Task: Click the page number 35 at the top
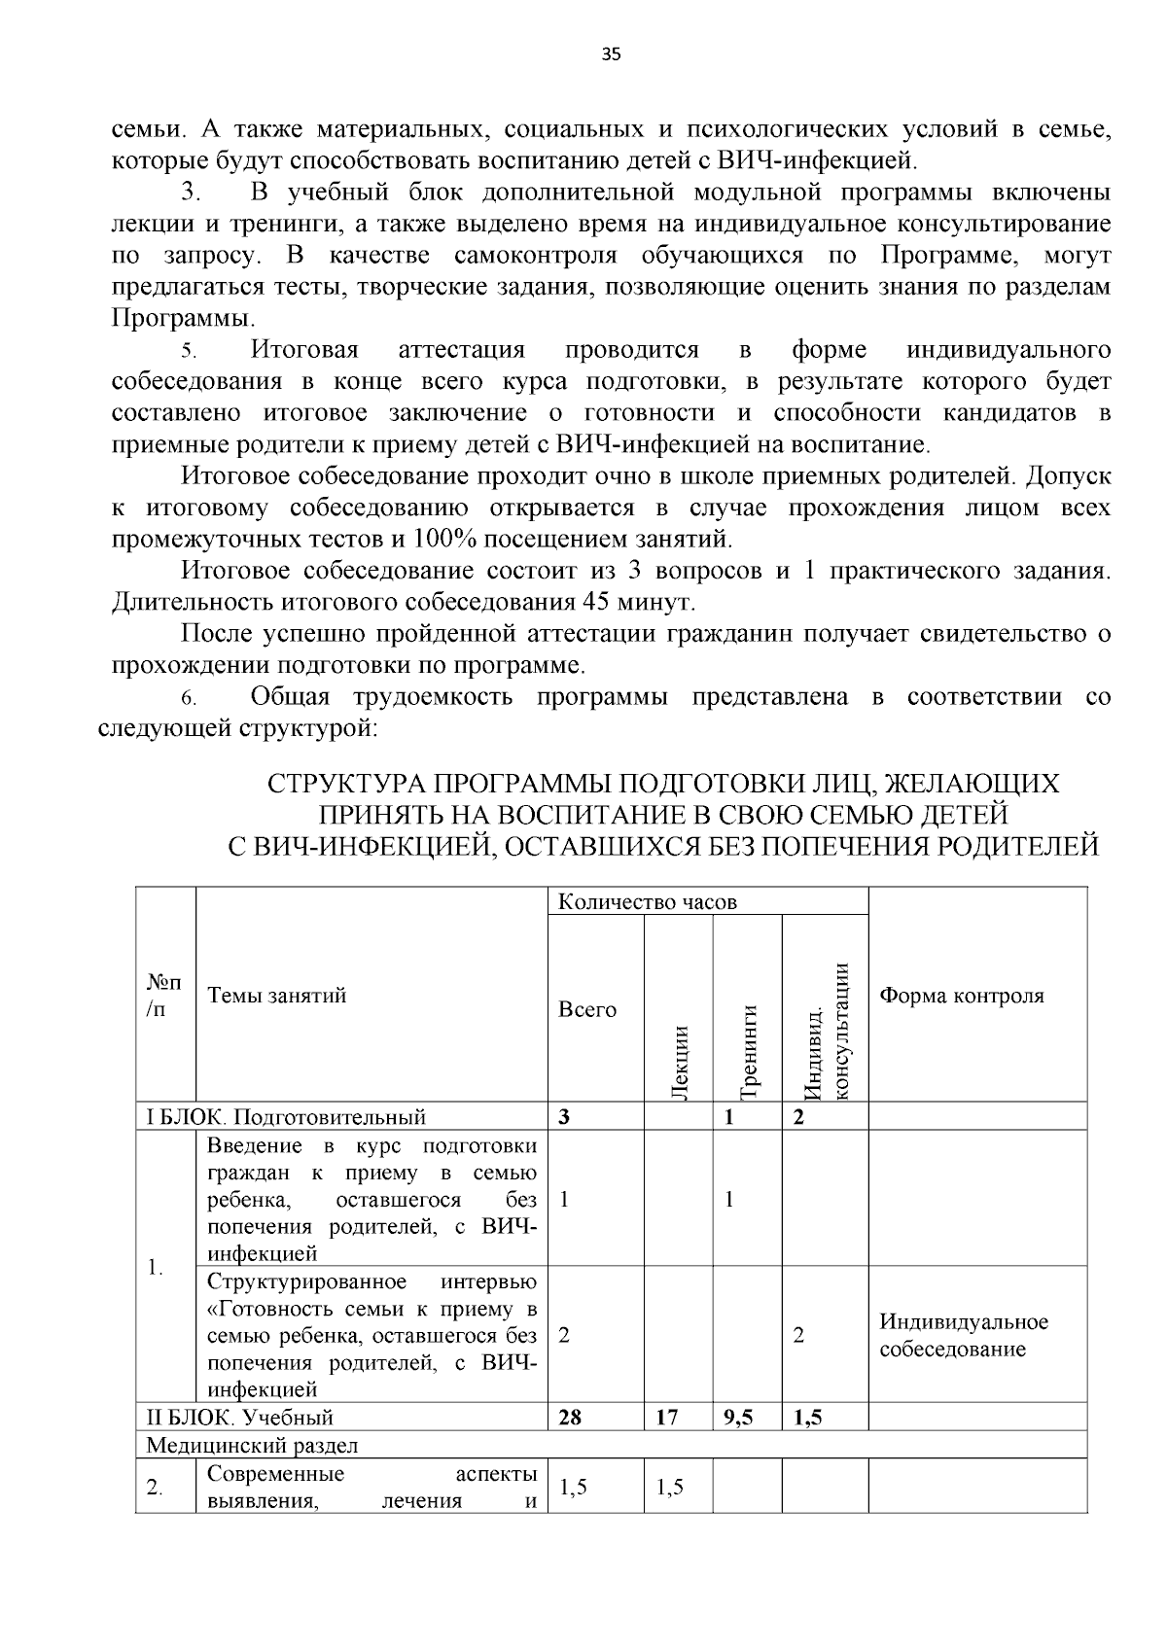(611, 54)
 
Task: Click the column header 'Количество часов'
(647, 901)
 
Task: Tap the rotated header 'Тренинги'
(749, 1051)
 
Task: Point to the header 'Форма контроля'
(961, 996)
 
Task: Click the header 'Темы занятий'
(276, 995)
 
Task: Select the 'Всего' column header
(586, 1009)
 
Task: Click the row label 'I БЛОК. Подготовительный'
(286, 1116)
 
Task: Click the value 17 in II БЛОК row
(666, 1417)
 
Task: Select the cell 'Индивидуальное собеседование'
(963, 1335)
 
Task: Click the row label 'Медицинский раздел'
(252, 1445)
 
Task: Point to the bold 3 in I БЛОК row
(564, 1116)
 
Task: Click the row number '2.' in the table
(154, 1488)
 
